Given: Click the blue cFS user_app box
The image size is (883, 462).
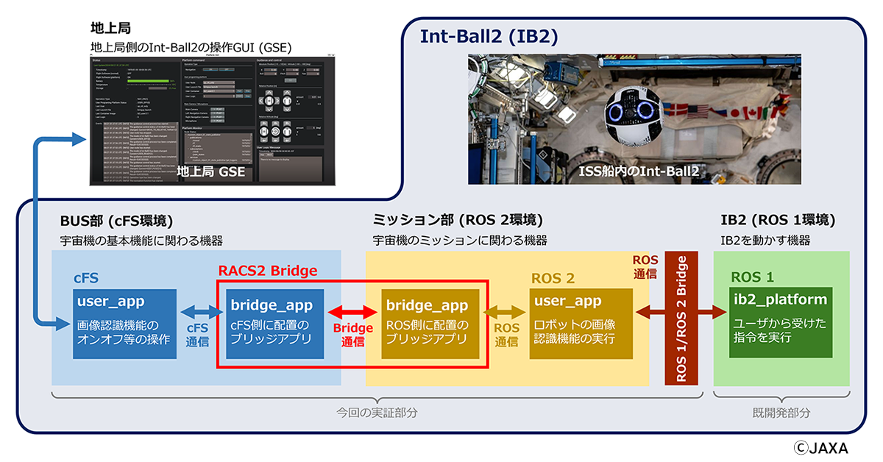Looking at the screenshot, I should click(x=125, y=324).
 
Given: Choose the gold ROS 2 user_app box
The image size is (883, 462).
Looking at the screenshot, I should click(x=581, y=324).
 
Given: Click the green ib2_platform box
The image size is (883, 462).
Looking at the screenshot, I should click(x=781, y=324).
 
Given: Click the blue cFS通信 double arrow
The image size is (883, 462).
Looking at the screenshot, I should click(x=196, y=312).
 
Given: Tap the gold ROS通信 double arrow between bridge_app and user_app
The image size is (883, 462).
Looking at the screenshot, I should click(x=506, y=312).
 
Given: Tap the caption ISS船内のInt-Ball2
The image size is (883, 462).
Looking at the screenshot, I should click(x=637, y=171).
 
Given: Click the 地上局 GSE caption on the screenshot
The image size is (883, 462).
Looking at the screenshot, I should click(x=213, y=172).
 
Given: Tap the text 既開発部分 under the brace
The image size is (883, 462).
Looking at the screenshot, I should click(x=781, y=413).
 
